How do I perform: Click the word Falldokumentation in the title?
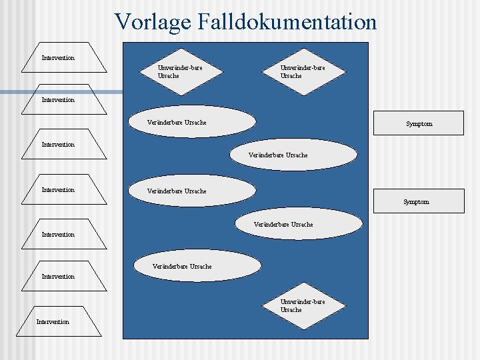[x=287, y=21]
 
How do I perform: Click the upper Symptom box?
[x=419, y=123]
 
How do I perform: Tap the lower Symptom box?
[x=419, y=201]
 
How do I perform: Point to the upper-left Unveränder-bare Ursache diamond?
[x=179, y=71]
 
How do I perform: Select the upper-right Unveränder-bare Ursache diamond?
[x=302, y=71]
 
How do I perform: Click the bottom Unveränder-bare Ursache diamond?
[x=302, y=305]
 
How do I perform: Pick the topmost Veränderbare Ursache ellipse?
[x=191, y=122]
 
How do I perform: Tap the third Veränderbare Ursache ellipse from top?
[x=191, y=191]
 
